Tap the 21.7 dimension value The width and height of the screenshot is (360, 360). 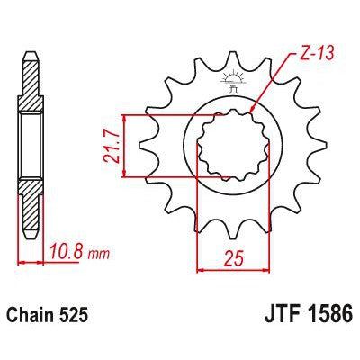(x=111, y=145)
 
